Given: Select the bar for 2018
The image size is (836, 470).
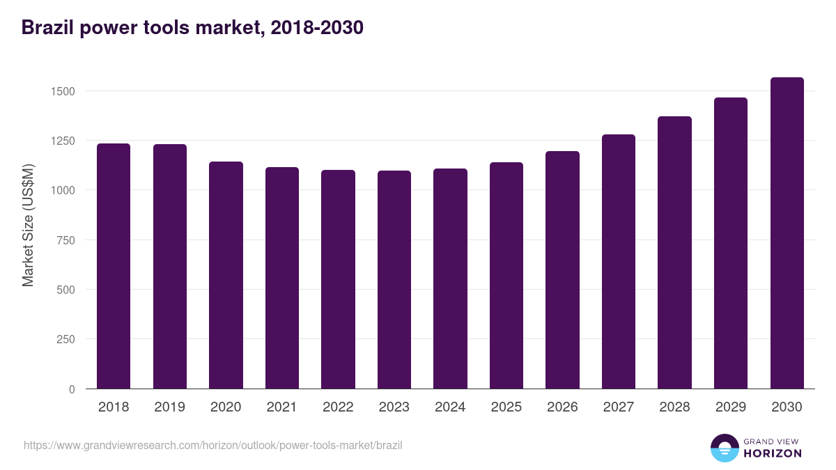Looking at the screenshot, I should (x=114, y=266).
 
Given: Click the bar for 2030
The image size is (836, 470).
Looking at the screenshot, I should (x=787, y=233).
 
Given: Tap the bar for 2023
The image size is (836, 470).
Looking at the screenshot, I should (x=394, y=280).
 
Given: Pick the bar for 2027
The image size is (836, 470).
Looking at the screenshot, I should (x=619, y=262).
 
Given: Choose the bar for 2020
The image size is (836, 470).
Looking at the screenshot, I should (x=226, y=275).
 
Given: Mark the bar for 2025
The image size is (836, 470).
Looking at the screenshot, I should (x=506, y=276).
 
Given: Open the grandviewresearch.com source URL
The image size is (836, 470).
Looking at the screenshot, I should (x=213, y=445).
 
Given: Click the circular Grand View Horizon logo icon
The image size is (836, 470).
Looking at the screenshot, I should (x=724, y=448).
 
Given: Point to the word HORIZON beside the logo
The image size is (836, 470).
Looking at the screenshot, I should (x=773, y=453).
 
